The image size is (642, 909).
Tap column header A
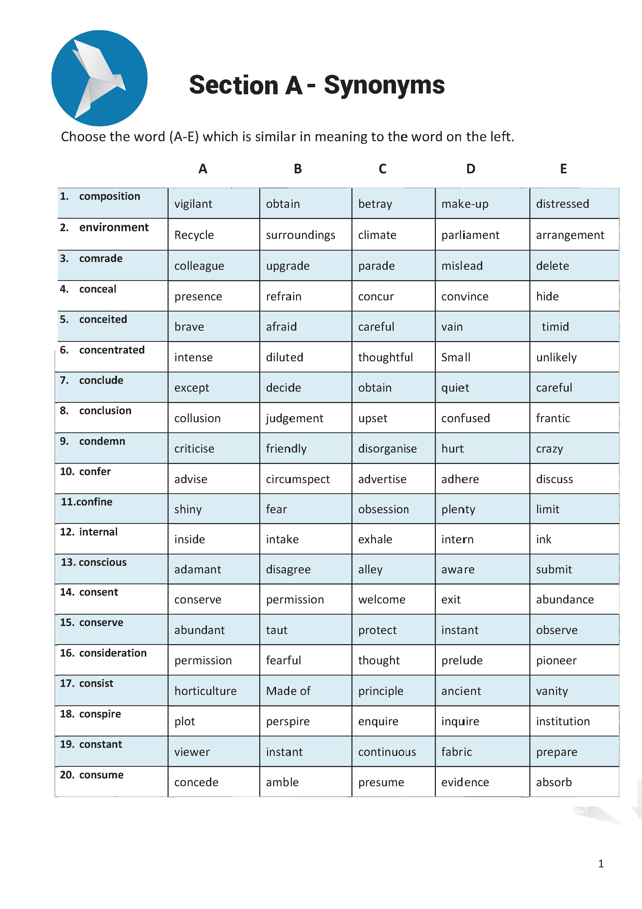click(203, 169)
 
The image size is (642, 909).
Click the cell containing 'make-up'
click(465, 204)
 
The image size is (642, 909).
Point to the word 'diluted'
click(284, 357)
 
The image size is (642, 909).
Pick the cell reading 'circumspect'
click(298, 480)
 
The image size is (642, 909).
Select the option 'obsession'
click(383, 510)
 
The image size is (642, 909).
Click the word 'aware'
click(458, 570)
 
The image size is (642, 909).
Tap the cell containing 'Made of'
click(288, 691)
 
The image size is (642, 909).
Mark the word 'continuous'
click(387, 752)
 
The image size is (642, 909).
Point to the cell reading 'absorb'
click(554, 783)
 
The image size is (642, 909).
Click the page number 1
click(601, 864)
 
